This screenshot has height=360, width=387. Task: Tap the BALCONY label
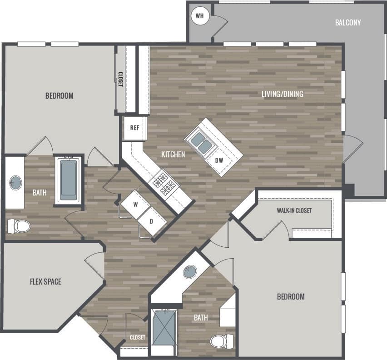pyautogui.click(x=348, y=22)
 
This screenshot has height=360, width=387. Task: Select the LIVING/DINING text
pyautogui.click(x=282, y=94)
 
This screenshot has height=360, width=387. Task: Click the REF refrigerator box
pyautogui.click(x=134, y=128)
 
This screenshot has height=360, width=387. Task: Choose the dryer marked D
pyautogui.click(x=151, y=221)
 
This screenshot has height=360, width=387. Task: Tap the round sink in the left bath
pyautogui.click(x=15, y=183)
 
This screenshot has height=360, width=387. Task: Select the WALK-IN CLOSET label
pyautogui.click(x=294, y=210)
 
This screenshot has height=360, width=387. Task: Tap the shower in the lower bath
pyautogui.click(x=164, y=332)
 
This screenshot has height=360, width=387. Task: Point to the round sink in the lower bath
pyautogui.click(x=190, y=272)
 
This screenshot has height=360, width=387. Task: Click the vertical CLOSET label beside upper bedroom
pyautogui.click(x=120, y=80)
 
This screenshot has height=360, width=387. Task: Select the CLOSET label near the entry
pyautogui.click(x=137, y=338)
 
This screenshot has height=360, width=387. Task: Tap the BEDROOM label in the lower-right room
pyautogui.click(x=291, y=297)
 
